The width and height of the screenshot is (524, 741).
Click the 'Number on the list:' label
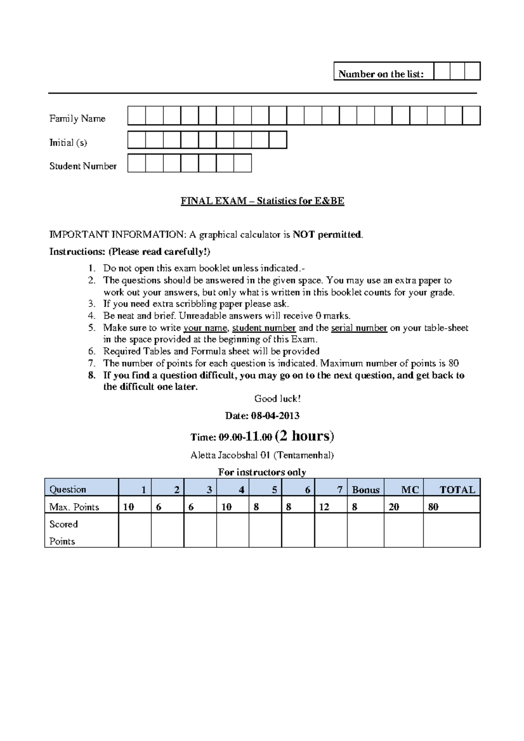tap(381, 74)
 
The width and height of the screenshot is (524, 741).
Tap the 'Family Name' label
tap(77, 119)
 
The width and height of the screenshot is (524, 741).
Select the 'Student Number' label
tap(83, 166)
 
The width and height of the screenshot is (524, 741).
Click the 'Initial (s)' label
tap(69, 143)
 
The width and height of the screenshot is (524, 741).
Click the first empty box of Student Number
tap(136, 163)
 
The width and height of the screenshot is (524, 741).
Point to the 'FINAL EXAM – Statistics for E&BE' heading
tap(262, 201)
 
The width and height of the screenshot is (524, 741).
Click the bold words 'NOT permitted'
tap(327, 235)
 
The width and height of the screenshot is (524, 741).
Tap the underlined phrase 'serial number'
tap(359, 328)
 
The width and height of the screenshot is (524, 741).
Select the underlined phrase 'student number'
tap(264, 328)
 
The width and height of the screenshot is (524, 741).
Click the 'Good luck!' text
tap(277, 398)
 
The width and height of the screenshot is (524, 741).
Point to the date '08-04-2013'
tap(275, 415)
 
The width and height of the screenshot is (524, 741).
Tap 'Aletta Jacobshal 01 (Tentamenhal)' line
tap(262, 455)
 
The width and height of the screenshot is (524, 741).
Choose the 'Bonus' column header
tap(365, 490)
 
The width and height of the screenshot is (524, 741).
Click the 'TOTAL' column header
tap(457, 490)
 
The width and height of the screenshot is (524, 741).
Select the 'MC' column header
tap(410, 490)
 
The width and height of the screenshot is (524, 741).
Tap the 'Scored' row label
tap(64, 524)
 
